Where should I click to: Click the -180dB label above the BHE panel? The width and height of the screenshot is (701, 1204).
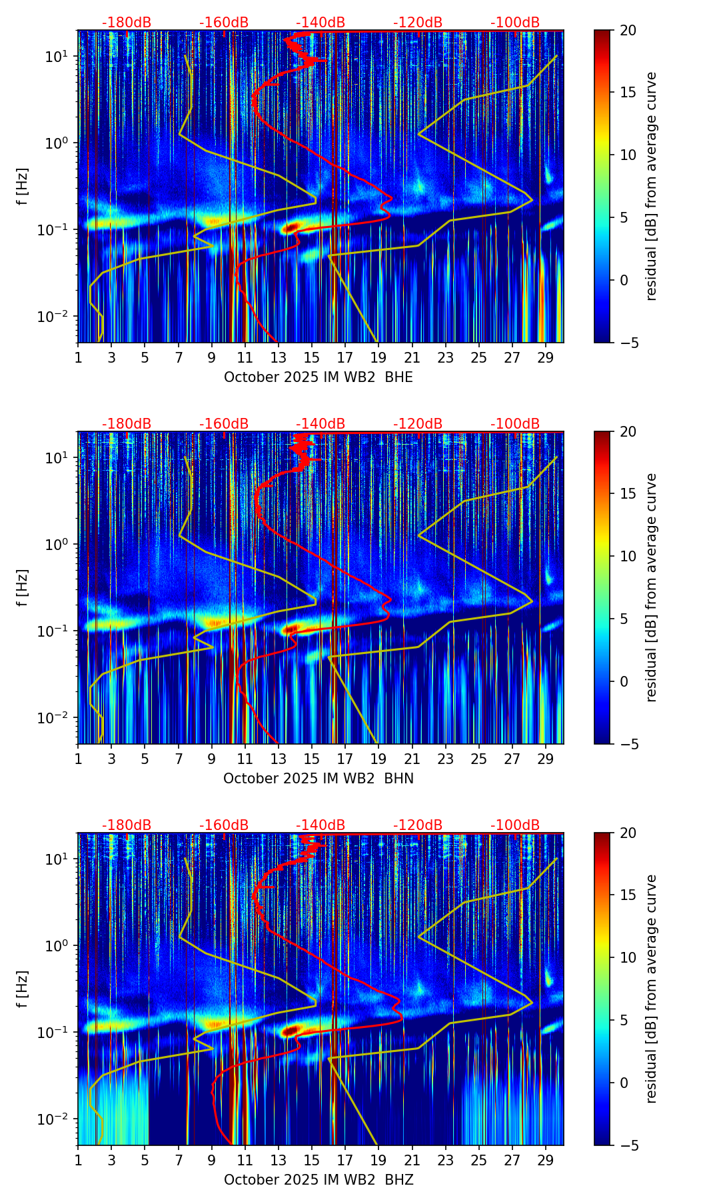(127, 23)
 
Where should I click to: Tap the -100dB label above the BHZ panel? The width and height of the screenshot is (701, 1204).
(515, 825)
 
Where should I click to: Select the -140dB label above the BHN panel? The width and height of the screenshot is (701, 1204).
(321, 424)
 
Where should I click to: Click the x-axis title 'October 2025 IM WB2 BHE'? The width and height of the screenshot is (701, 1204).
(318, 377)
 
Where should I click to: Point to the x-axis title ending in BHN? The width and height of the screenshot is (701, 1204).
(318, 779)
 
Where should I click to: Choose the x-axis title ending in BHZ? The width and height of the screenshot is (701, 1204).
(318, 1180)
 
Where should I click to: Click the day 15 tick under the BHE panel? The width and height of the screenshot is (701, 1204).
(312, 357)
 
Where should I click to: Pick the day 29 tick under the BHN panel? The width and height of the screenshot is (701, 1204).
(546, 759)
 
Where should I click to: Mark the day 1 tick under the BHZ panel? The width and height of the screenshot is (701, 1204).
(79, 1160)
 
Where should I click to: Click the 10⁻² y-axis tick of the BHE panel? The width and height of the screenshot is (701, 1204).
(55, 316)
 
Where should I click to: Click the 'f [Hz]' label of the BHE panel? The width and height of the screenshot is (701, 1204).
(23, 187)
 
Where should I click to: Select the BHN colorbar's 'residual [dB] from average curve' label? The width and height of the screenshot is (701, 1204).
(652, 587)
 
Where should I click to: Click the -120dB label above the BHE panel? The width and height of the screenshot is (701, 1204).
(418, 23)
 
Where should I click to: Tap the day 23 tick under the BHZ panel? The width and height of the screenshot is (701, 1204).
(446, 1160)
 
